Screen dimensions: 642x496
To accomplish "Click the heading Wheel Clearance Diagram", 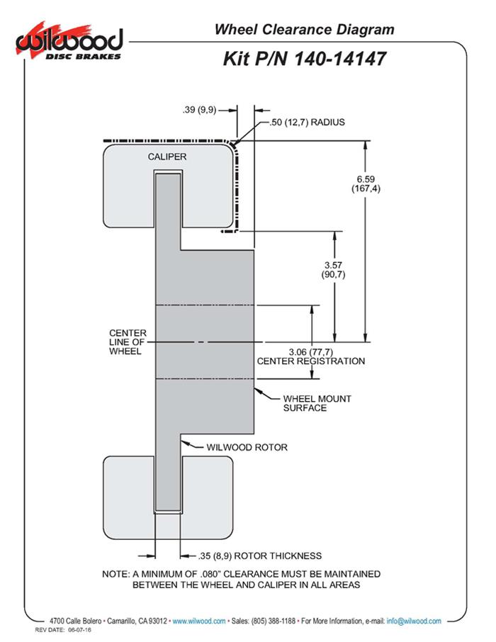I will pos(304,29).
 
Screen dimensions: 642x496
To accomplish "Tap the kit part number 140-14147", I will pos(305,58).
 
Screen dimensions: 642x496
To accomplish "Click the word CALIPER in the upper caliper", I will pos(167,157).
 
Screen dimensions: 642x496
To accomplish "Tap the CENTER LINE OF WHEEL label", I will pos(128,342).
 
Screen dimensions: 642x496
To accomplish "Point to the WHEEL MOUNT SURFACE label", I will pos(317,403).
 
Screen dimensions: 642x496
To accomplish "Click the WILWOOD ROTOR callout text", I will pos(247,447).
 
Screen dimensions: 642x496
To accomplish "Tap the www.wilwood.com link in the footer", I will pos(199,621).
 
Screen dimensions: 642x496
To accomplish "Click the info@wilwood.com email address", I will pos(414,621).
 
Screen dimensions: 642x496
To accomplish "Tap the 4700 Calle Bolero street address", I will pos(77,621).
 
